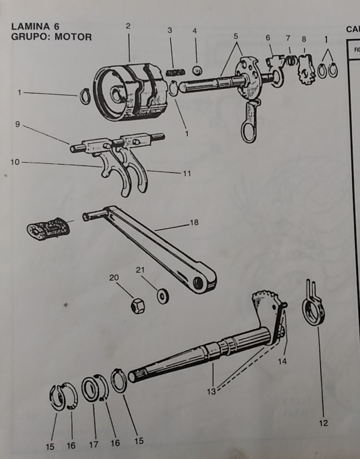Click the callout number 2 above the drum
click(128, 26)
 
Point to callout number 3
click(170, 30)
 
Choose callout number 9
click(17, 124)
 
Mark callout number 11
click(187, 173)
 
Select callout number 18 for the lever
click(193, 223)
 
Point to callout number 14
click(282, 361)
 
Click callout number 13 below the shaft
click(211, 391)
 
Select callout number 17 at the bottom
click(93, 445)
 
